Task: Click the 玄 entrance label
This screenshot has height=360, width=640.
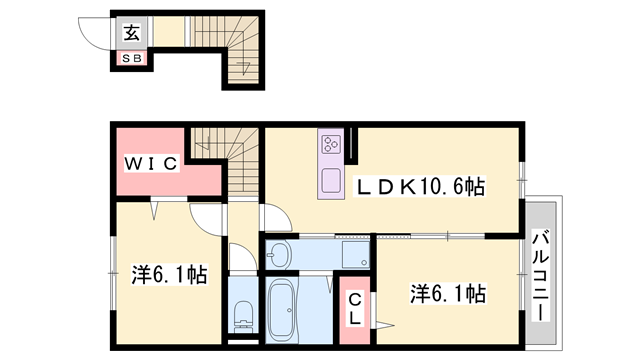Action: tap(132, 33)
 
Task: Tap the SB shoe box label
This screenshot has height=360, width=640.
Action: tap(132, 58)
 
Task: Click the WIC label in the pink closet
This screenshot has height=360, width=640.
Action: tap(151, 162)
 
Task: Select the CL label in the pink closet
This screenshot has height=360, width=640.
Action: tap(353, 310)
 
